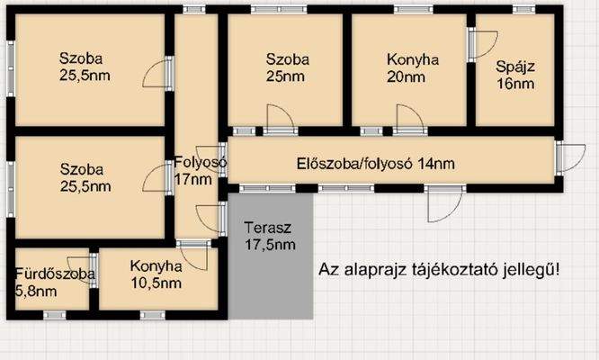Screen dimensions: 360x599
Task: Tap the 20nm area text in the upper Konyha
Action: click(x=413, y=77)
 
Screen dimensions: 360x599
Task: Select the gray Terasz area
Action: click(x=270, y=270)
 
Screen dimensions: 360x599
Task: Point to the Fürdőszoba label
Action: click(x=54, y=274)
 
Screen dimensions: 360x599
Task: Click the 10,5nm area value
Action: click(x=156, y=283)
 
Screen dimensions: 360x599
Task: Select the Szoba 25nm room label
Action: click(x=288, y=68)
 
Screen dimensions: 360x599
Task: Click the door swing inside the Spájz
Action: click(x=481, y=44)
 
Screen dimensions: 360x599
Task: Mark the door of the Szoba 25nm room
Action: click(x=278, y=118)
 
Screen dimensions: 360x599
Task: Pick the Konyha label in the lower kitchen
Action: click(x=156, y=266)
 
